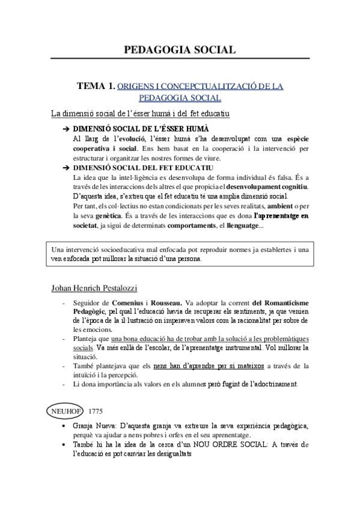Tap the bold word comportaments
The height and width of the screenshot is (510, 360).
175,225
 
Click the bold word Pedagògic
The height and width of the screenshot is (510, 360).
90,312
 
